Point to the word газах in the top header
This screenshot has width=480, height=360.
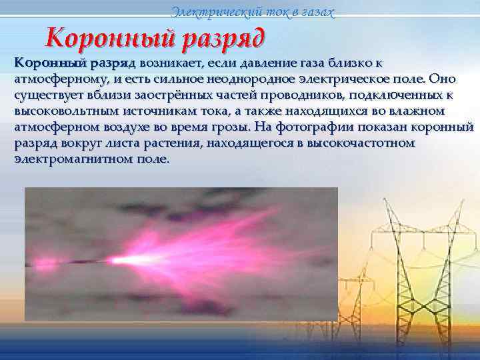[x=312, y=11]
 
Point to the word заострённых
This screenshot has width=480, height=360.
[x=159, y=95]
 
